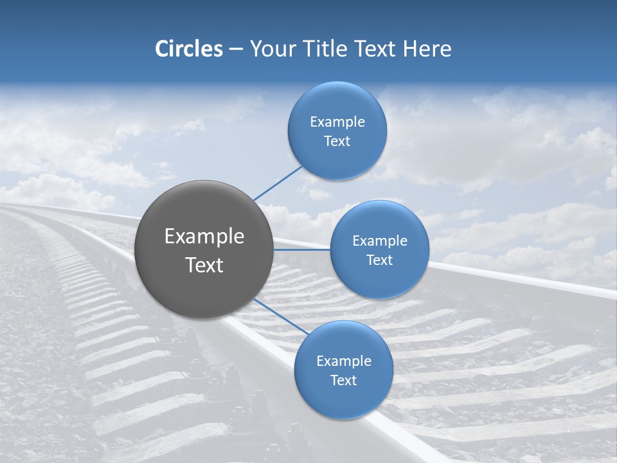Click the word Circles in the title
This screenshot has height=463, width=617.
click(x=188, y=49)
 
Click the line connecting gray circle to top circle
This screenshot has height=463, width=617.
click(x=278, y=183)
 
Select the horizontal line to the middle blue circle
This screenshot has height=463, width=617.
click(x=302, y=250)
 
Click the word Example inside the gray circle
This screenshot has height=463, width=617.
click(x=204, y=237)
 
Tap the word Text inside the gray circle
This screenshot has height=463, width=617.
click(x=204, y=265)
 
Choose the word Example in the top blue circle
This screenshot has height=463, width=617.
click(x=337, y=122)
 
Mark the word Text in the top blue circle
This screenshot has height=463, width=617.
click(x=337, y=141)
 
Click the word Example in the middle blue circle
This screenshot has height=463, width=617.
click(x=379, y=241)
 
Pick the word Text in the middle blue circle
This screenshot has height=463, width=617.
click(x=379, y=260)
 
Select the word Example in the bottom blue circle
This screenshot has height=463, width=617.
click(x=343, y=361)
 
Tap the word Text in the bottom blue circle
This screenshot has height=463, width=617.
click(x=343, y=381)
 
